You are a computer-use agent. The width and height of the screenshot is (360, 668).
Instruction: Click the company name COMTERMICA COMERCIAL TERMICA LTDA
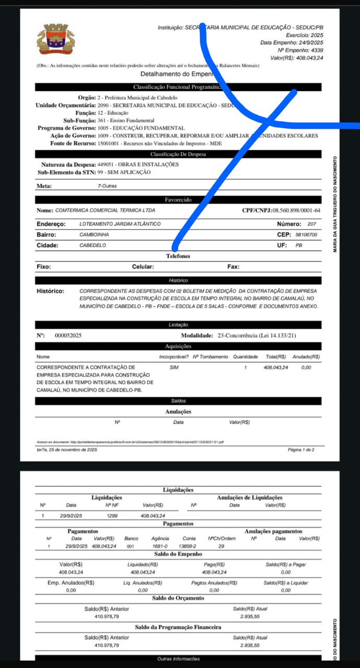point(105,210)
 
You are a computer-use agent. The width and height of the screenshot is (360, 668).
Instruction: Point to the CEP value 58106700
point(306,235)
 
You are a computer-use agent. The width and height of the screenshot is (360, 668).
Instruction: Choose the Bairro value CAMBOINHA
point(94,235)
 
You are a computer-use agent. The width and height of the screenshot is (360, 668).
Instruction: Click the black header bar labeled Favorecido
point(178,199)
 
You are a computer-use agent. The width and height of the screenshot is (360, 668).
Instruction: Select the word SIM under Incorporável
point(174,367)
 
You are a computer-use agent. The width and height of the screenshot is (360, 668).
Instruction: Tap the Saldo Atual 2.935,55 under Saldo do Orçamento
point(250,616)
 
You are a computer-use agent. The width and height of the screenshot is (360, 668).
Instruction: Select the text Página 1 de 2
point(301,449)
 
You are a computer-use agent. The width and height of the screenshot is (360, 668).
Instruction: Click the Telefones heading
point(178,256)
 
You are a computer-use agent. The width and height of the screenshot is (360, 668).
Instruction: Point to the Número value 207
point(312,224)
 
